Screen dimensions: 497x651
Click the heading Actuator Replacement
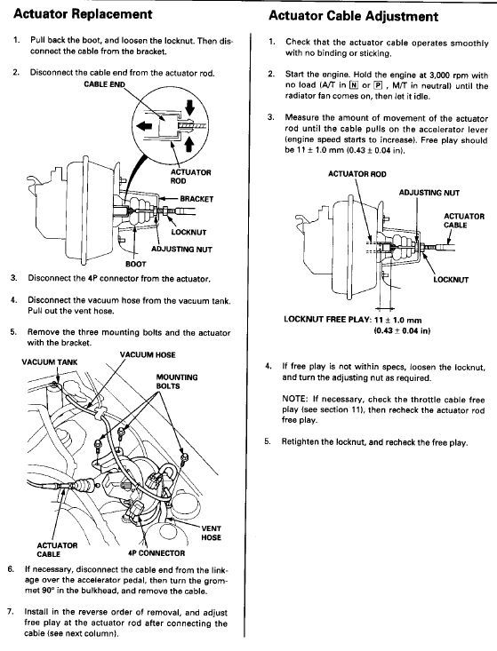83,13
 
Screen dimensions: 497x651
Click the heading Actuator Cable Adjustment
353,16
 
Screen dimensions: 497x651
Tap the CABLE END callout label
104,84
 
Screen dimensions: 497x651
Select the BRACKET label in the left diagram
196,199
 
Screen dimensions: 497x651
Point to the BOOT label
136,264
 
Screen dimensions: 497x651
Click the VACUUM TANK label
50,362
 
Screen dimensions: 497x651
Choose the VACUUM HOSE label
148,355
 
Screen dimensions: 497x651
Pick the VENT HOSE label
211,533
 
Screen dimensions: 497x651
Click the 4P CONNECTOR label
156,553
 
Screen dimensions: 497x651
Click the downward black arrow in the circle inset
190,107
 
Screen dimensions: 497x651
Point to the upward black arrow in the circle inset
189,145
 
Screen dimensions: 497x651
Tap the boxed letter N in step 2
353,85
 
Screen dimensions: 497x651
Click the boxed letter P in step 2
378,85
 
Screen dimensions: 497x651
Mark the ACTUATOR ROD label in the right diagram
357,174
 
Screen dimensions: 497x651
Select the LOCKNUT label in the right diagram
451,280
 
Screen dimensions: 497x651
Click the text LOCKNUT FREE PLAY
327,320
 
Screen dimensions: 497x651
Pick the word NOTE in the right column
294,399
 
